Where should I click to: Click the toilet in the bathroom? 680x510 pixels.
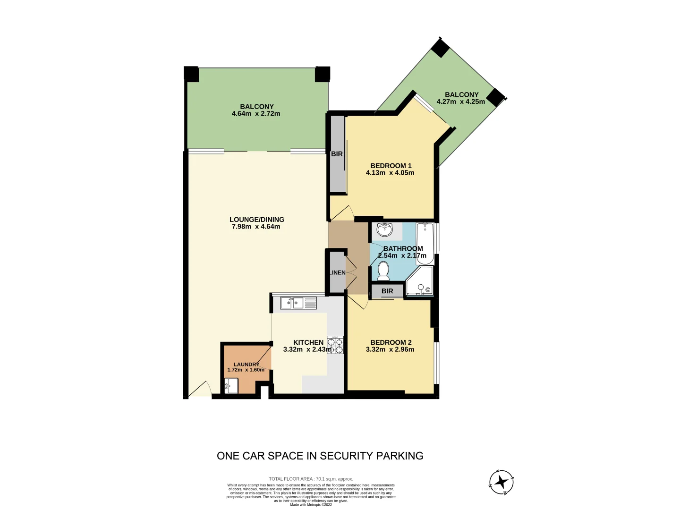pyautogui.click(x=383, y=271)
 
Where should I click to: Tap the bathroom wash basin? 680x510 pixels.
pyautogui.click(x=385, y=230)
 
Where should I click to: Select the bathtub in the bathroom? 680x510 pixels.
pyautogui.click(x=425, y=243)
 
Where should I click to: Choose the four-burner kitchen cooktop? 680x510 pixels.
pyautogui.click(x=335, y=345)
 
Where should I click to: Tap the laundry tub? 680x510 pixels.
pyautogui.click(x=231, y=386)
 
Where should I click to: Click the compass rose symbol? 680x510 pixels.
pyautogui.click(x=501, y=483)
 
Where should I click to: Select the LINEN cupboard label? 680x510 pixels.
pyautogui.click(x=337, y=272)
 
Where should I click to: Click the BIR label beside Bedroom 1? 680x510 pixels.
pyautogui.click(x=337, y=154)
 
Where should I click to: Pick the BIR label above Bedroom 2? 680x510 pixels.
pyautogui.click(x=387, y=291)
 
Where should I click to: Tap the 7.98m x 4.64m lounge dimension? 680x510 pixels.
pyautogui.click(x=256, y=227)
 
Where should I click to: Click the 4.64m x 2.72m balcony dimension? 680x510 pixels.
pyautogui.click(x=256, y=113)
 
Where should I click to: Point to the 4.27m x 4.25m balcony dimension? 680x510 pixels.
pyautogui.click(x=461, y=102)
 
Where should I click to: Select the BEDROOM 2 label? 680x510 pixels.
pyautogui.click(x=391, y=342)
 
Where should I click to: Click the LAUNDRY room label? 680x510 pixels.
pyautogui.click(x=246, y=364)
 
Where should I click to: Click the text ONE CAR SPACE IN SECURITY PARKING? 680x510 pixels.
pyautogui.click(x=320, y=456)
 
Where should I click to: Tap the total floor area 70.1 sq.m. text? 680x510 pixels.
pyautogui.click(x=311, y=479)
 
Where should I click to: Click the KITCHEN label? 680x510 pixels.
pyautogui.click(x=308, y=342)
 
